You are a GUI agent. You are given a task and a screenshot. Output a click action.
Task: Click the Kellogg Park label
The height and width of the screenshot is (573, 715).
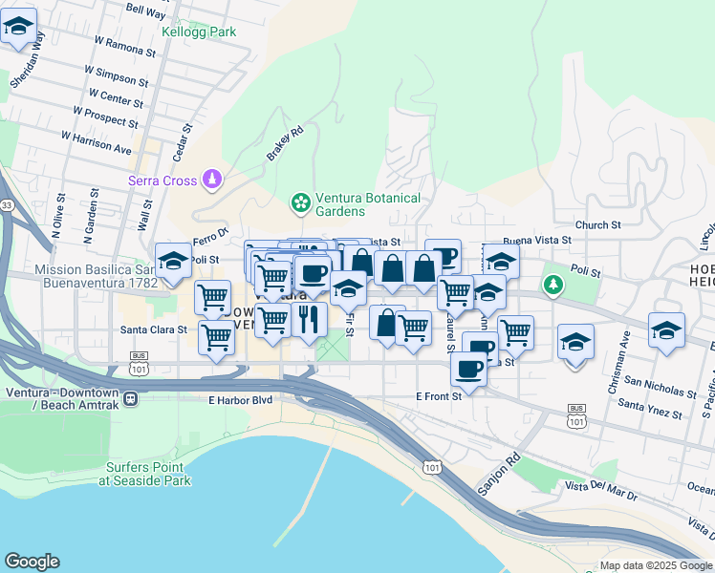tap(198, 32)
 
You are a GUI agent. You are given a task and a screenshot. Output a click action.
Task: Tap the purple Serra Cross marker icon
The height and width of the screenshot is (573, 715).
tap(212, 180)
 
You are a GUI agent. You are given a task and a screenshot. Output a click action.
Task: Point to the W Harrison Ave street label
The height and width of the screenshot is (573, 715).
tap(96, 143)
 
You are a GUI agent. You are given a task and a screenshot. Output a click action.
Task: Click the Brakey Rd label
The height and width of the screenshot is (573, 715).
tap(284, 143)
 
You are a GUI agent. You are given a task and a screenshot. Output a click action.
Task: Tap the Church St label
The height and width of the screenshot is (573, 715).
tap(598, 225)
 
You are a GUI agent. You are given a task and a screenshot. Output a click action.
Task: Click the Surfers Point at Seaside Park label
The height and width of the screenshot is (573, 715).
tap(144, 475)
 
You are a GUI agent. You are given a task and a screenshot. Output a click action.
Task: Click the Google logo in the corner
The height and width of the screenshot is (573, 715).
tap(32, 562)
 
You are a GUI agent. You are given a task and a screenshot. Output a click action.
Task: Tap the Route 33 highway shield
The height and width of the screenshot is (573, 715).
tap(7, 205)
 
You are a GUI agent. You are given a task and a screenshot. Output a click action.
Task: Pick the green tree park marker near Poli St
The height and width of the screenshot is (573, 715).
tap(552, 285)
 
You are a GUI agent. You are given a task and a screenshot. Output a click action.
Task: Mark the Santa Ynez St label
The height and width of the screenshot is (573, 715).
tap(649, 410)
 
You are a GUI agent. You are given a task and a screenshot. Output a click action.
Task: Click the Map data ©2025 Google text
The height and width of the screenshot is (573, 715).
tap(655, 565)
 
